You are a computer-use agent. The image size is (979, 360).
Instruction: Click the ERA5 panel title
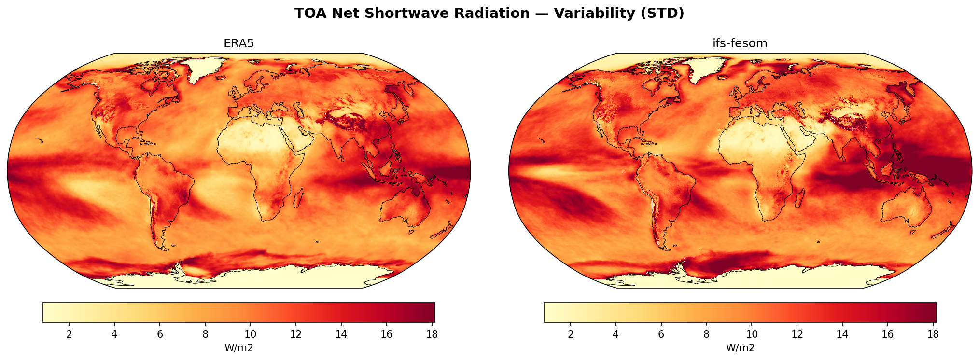(x=238, y=43)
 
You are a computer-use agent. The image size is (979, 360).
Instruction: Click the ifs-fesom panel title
(x=740, y=43)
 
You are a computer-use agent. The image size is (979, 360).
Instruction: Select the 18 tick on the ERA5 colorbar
(x=432, y=334)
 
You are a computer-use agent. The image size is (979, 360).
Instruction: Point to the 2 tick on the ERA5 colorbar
(x=69, y=334)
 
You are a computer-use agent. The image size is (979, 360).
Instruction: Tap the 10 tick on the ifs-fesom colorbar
(x=752, y=334)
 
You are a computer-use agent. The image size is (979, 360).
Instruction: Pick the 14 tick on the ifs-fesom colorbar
(x=842, y=334)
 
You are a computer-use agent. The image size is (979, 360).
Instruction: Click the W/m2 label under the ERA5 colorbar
(x=238, y=348)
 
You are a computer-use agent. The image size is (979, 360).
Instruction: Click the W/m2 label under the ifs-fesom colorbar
(x=740, y=348)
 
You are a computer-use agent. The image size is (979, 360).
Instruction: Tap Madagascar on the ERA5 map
(x=298, y=198)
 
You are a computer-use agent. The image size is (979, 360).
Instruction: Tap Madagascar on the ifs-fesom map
(x=800, y=198)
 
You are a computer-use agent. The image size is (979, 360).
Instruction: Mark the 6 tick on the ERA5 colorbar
(x=160, y=334)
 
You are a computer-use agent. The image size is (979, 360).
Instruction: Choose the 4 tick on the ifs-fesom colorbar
(x=615, y=334)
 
